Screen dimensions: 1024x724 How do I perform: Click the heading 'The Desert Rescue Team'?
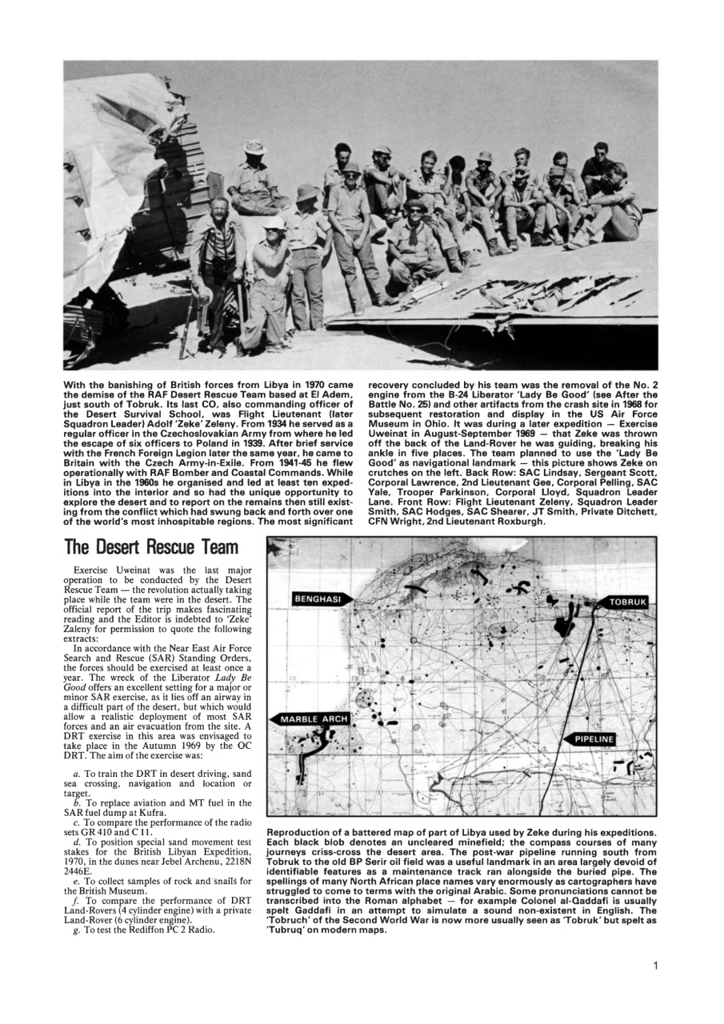151,547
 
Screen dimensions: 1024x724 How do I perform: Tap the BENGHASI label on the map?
318,598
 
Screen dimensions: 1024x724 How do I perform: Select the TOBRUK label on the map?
628,601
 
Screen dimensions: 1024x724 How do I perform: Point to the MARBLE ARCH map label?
314,718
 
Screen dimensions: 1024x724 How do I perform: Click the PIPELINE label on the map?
594,739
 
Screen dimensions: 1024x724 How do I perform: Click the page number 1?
655,966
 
